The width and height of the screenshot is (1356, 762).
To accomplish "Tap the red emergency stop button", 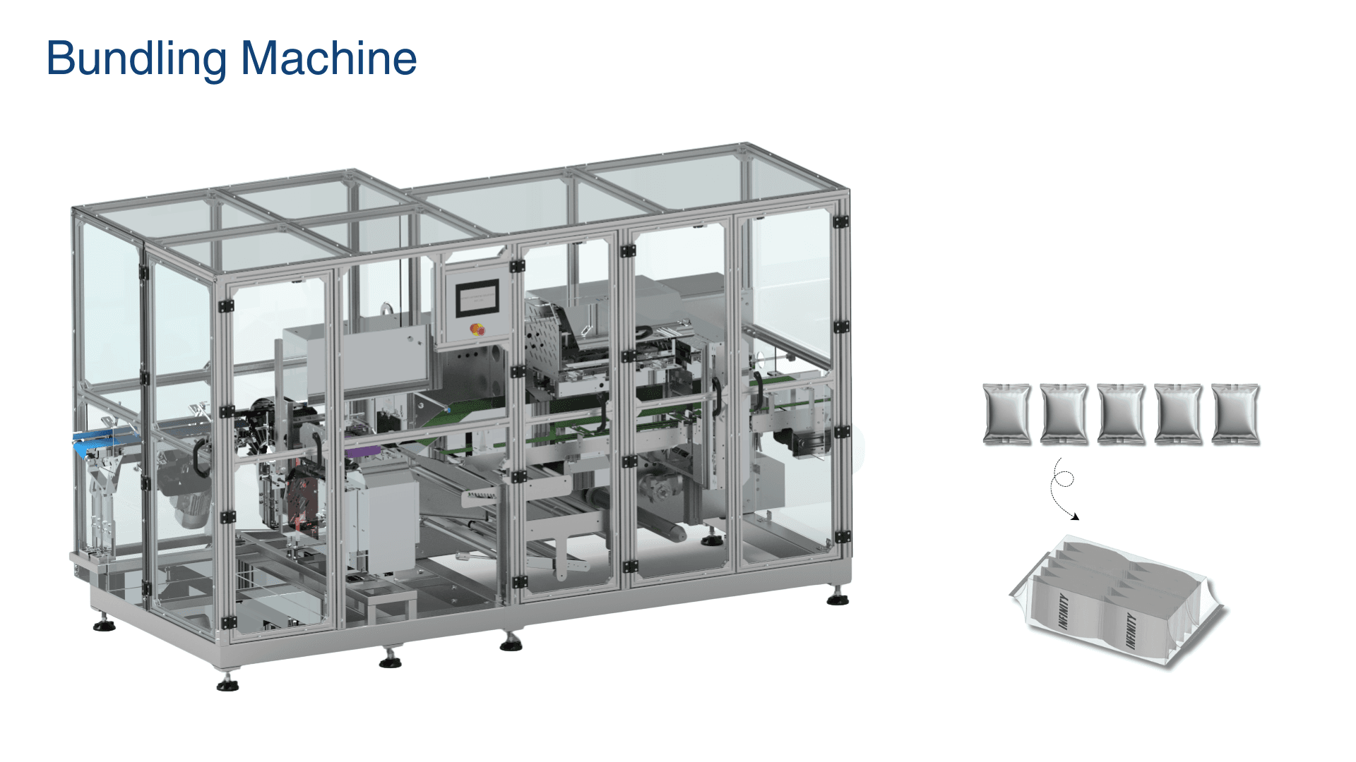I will pos(477,329).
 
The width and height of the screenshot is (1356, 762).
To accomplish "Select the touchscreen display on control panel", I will pos(477,298).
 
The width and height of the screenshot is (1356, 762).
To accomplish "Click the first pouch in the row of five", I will pos(1006,414).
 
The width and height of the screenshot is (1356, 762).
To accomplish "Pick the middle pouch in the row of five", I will pos(1121,414).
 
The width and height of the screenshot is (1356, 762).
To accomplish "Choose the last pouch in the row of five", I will pos(1235,414).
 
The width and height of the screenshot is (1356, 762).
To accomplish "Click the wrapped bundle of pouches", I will pos(1119,603).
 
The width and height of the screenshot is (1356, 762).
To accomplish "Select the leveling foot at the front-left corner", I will pos(227,683).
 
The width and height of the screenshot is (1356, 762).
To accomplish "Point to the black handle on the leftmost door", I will pos(199,457).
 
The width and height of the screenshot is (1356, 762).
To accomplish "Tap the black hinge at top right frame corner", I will pos(840,222).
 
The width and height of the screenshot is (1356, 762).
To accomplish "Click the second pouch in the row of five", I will pos(1064,414).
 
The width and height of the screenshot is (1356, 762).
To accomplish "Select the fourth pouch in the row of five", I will pos(1178,414).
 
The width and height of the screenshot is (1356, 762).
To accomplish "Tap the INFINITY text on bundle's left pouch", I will pos(1063,611).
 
